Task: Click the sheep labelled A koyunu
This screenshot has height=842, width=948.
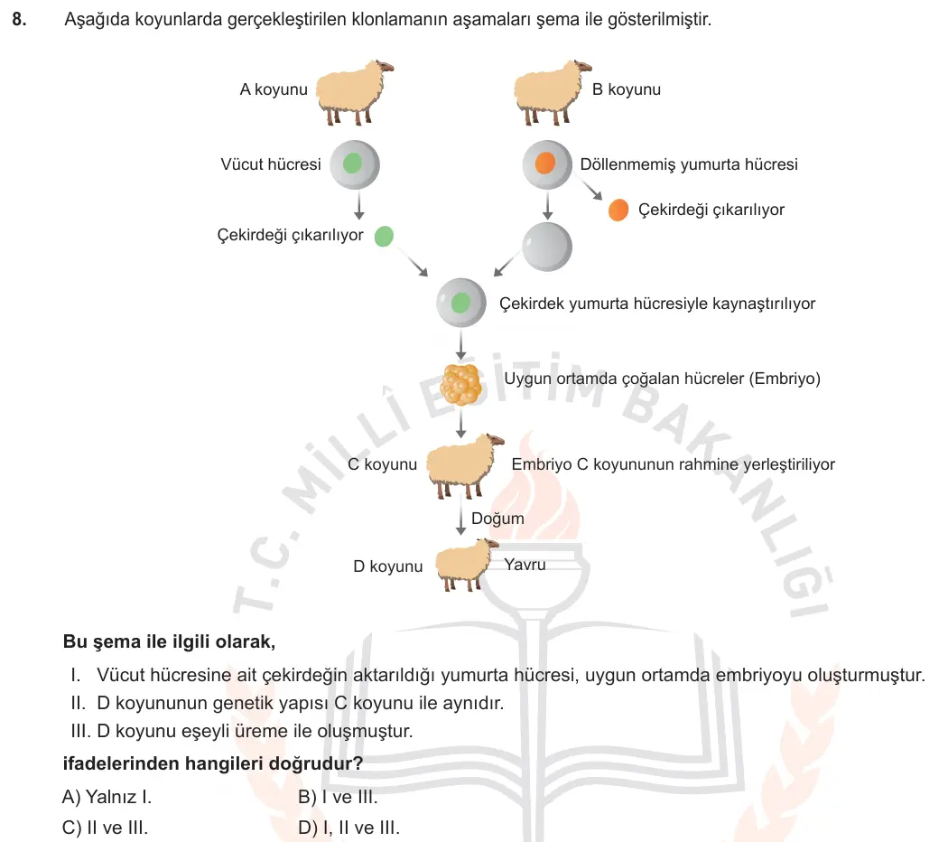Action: [354, 92]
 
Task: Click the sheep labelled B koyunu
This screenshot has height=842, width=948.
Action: [552, 92]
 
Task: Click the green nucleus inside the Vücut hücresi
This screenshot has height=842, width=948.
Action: [352, 164]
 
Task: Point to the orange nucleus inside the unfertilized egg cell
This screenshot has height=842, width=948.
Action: [544, 163]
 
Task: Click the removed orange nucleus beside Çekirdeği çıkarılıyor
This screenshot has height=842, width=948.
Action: [618, 210]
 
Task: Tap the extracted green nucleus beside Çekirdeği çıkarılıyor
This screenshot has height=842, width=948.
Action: [384, 236]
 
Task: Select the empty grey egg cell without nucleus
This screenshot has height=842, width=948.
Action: [546, 247]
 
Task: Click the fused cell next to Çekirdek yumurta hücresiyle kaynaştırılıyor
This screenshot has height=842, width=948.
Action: [461, 303]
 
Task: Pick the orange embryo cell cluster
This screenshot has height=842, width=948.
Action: [460, 384]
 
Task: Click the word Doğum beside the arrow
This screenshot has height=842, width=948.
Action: [497, 519]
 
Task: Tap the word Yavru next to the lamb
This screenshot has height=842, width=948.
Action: [525, 565]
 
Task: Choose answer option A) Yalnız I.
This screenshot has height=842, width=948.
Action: [107, 797]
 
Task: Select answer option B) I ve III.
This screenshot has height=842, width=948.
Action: [338, 797]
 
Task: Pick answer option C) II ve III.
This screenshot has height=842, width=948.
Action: [105, 828]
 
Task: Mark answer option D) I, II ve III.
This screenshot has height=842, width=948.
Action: [349, 828]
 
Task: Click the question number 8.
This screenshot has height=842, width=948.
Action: [19, 19]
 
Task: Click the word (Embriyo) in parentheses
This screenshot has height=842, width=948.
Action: [785, 379]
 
